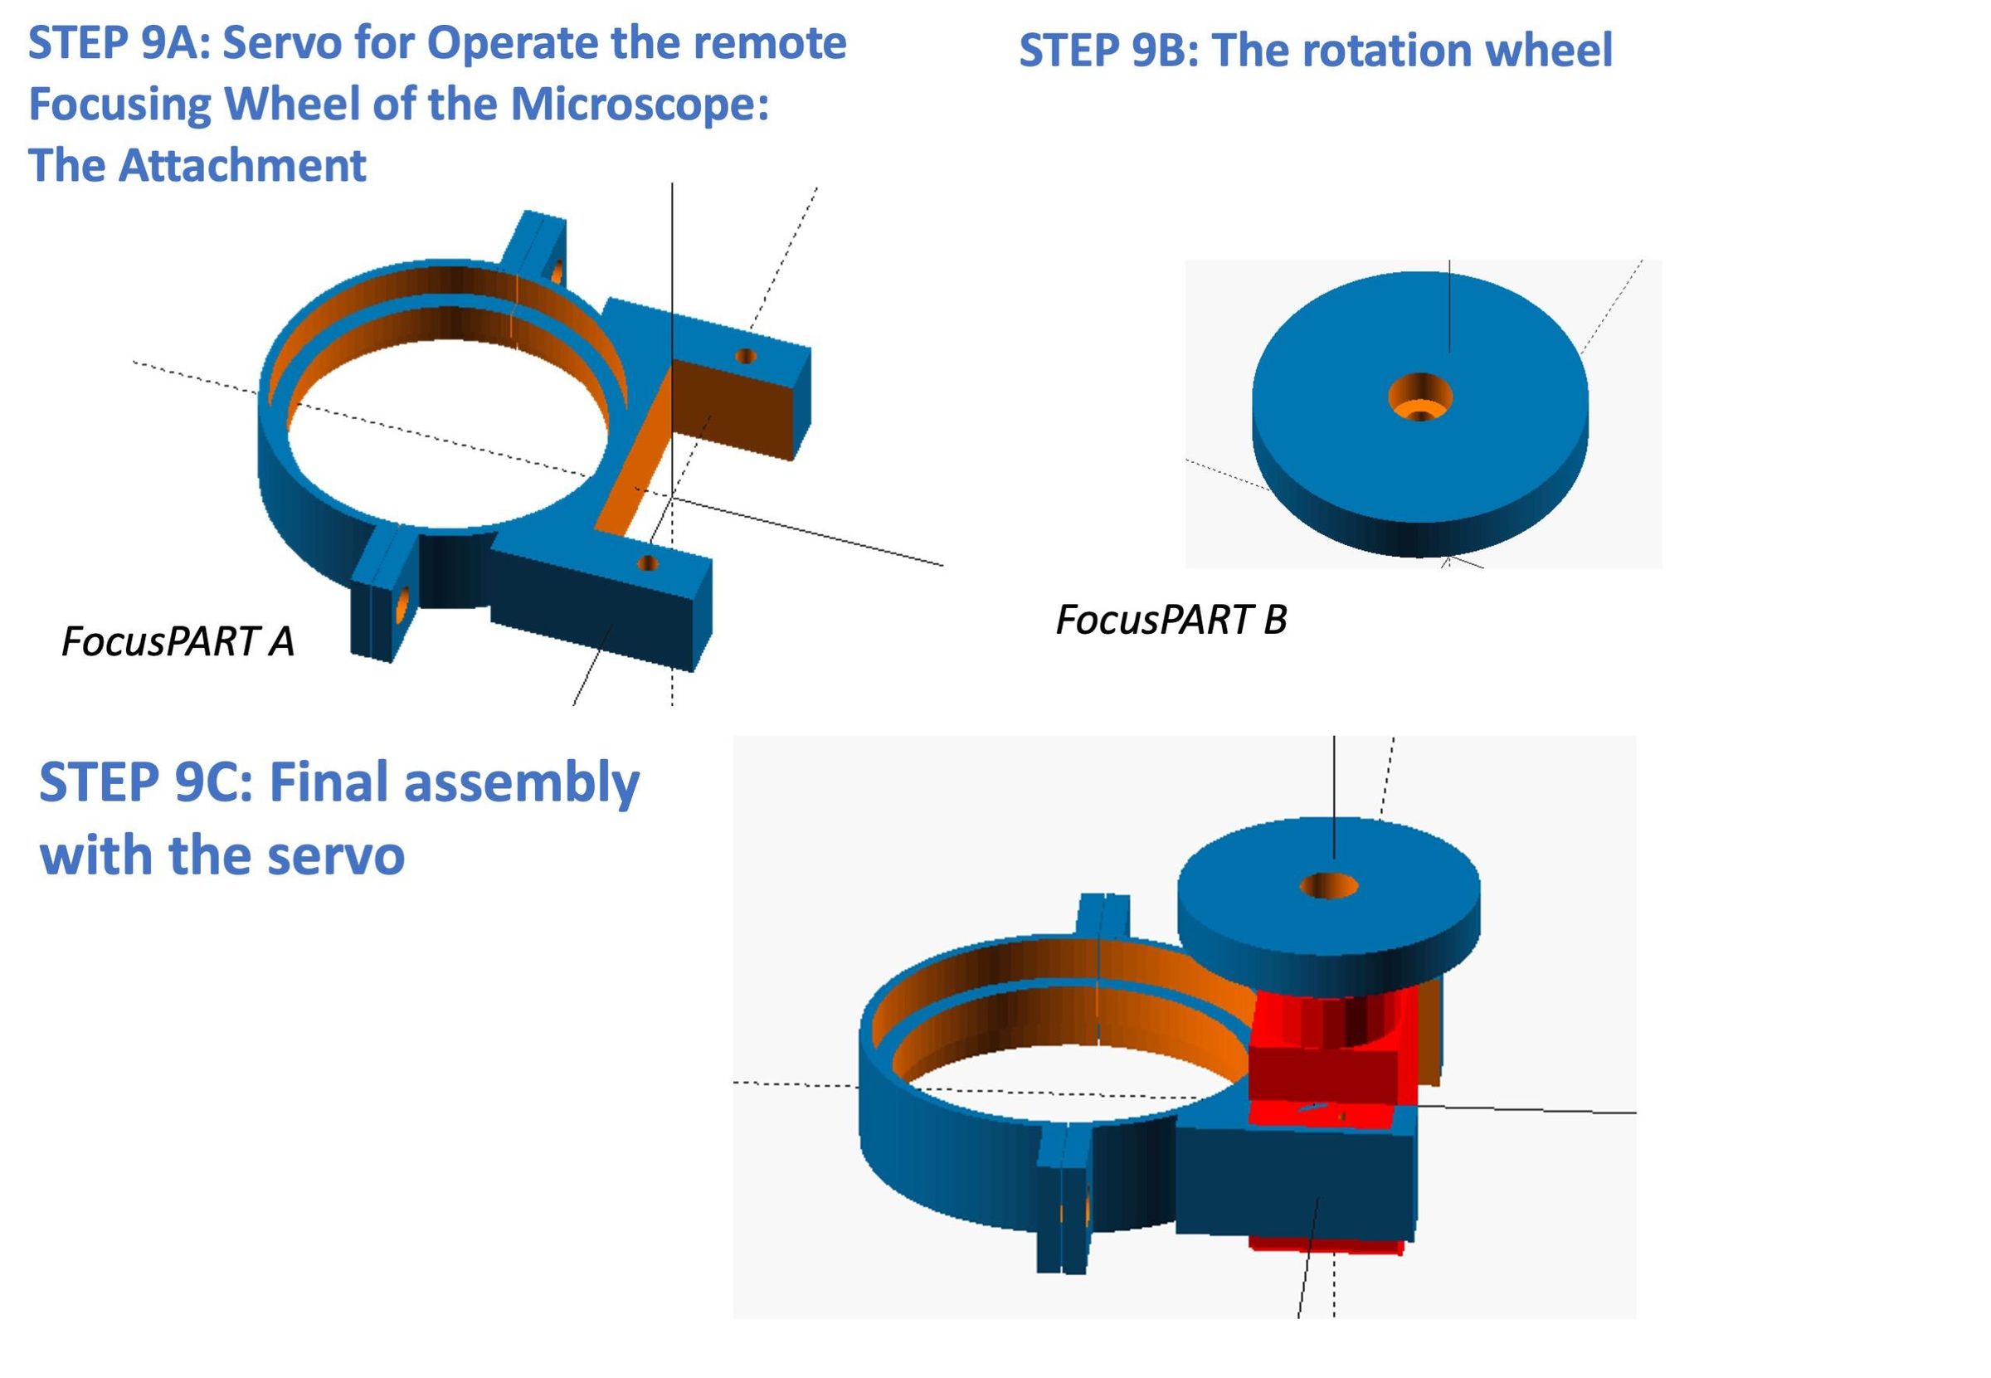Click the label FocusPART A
[178, 641]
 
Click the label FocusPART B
[1171, 620]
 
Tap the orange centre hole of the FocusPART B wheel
[1419, 399]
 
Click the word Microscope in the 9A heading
[639, 104]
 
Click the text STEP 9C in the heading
[145, 782]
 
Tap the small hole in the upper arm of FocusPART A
[745, 356]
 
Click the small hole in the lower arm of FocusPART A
[647, 564]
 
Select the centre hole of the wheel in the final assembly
[1328, 886]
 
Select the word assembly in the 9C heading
[521, 782]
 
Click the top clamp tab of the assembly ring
[1103, 917]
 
